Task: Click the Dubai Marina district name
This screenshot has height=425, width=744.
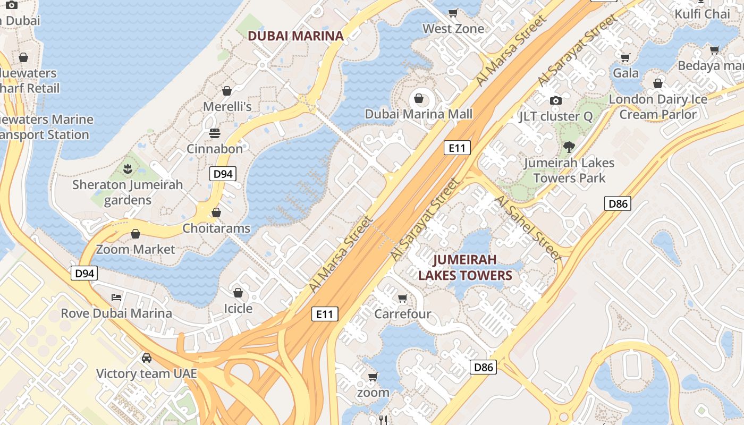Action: click(x=296, y=36)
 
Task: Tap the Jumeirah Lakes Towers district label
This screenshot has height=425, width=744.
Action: click(x=464, y=268)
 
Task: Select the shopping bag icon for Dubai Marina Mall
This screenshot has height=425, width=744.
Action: click(x=419, y=98)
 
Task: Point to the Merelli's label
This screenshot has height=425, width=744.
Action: click(x=227, y=107)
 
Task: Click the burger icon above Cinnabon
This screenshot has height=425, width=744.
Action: click(x=215, y=133)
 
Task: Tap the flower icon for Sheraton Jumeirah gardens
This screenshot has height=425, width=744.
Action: click(x=128, y=169)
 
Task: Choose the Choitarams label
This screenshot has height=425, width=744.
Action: click(x=216, y=228)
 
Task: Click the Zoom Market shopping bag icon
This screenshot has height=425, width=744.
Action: click(x=136, y=234)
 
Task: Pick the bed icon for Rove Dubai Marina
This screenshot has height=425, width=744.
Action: click(x=116, y=297)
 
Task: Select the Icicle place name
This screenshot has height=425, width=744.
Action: click(x=238, y=309)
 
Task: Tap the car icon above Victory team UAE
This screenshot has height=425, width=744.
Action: click(x=147, y=358)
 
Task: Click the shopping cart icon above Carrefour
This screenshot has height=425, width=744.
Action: click(x=403, y=298)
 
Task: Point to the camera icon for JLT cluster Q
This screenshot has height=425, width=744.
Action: click(x=556, y=100)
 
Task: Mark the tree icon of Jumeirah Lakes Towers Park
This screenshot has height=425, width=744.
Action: click(x=569, y=147)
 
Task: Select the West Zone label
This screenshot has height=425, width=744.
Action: click(x=453, y=29)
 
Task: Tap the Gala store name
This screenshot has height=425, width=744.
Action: click(x=626, y=73)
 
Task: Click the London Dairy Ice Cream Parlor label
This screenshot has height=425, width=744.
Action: click(x=658, y=107)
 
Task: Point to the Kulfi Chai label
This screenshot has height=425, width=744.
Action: click(x=703, y=14)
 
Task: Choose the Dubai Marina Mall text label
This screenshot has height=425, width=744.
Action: click(x=419, y=114)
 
